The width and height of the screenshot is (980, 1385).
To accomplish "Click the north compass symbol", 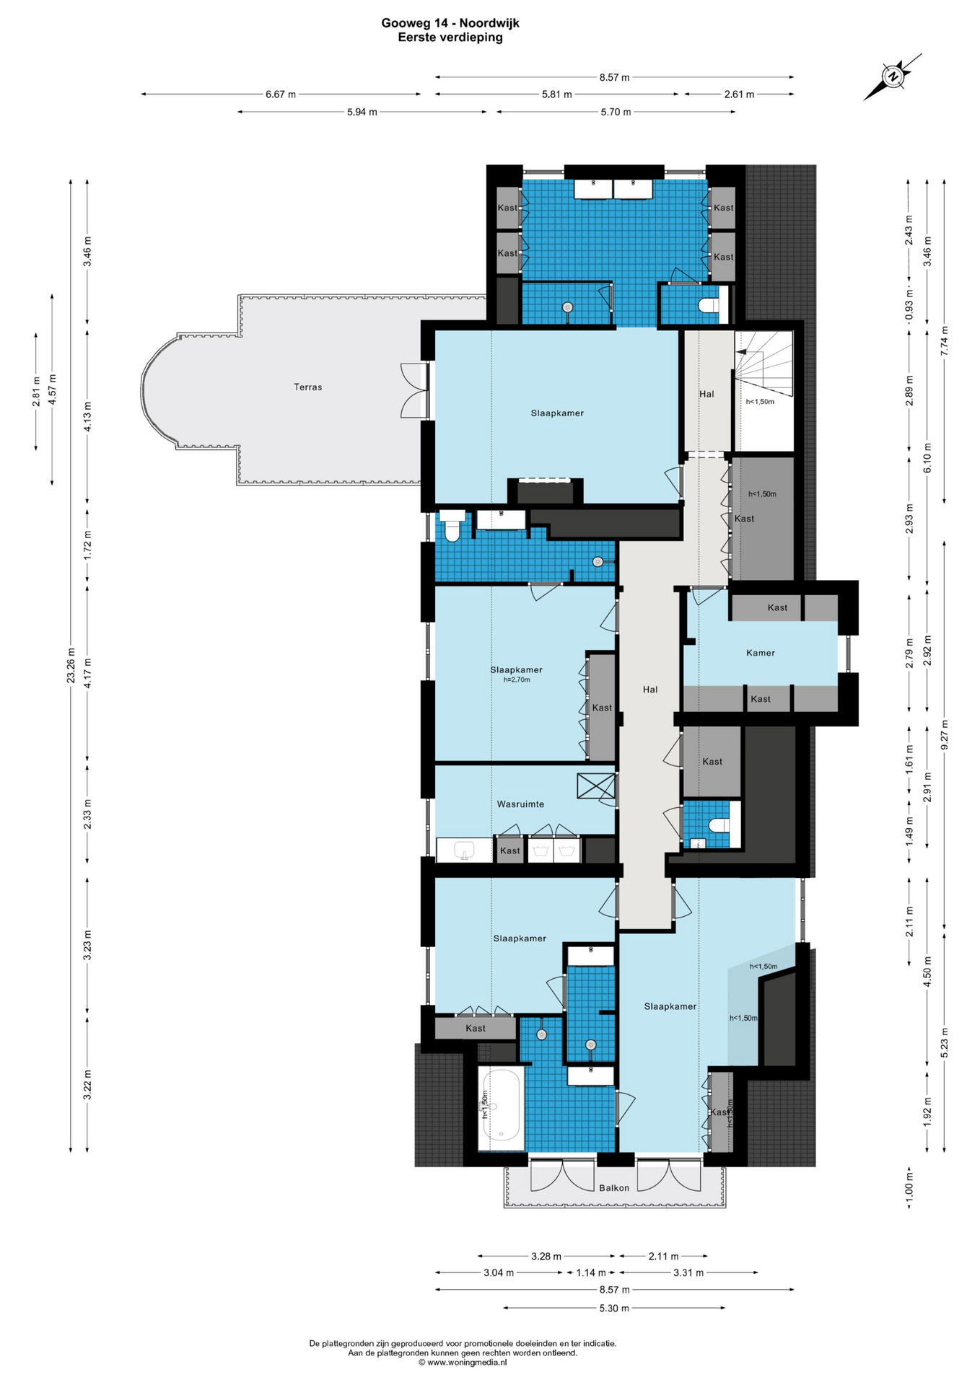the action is (x=893, y=76).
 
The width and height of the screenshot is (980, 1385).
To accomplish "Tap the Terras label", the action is (x=307, y=387).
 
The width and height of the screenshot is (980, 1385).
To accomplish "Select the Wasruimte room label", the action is (x=520, y=804).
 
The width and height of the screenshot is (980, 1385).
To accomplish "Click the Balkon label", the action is (x=614, y=1188).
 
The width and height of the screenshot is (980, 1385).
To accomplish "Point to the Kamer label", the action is (x=761, y=653).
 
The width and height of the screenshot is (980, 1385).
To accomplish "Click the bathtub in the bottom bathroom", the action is (x=502, y=1109).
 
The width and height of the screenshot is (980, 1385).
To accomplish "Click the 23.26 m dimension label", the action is (x=71, y=665).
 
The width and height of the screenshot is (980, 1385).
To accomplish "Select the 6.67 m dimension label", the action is (x=281, y=94).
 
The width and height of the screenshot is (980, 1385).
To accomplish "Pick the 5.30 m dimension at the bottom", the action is (x=614, y=1308).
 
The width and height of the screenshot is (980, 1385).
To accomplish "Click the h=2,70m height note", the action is (x=517, y=680).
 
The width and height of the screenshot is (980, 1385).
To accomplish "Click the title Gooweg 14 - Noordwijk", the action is (x=450, y=23).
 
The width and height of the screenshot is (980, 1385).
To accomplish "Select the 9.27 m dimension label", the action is (x=945, y=734).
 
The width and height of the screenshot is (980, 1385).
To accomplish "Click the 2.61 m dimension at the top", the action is (x=740, y=94).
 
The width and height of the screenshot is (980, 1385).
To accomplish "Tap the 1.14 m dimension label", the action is (x=591, y=1272).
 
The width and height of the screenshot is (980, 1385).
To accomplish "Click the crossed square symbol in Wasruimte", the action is (x=596, y=786).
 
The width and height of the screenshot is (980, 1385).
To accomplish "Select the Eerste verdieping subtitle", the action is (x=450, y=38).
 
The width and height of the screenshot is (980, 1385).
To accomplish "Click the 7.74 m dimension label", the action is (x=945, y=341).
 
